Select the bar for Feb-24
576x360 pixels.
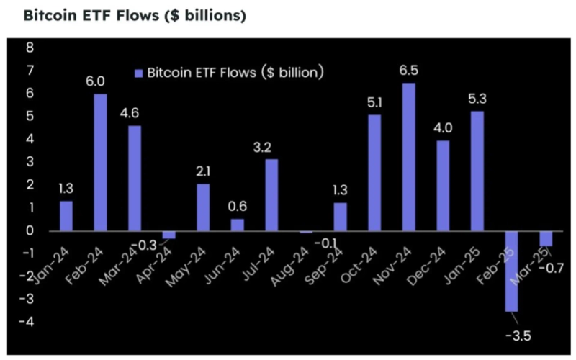pyautogui.click(x=100, y=163)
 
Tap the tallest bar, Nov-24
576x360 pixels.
pyautogui.click(x=408, y=157)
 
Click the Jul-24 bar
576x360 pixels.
pyautogui.click(x=271, y=195)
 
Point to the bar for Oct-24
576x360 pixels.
pyautogui.click(x=374, y=173)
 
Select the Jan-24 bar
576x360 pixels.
pyautogui.click(x=66, y=216)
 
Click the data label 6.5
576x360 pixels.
pyautogui.click(x=408, y=71)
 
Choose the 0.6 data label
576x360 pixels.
pyautogui.click(x=238, y=205)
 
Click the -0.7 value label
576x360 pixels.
pyautogui.click(x=554, y=268)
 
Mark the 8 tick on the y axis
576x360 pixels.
pyautogui.click(x=30, y=48)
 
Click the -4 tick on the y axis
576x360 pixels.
pyautogui.click(x=29, y=322)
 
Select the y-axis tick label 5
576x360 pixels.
pyautogui.click(x=30, y=117)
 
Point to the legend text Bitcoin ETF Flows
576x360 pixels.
pyautogui.click(x=235, y=72)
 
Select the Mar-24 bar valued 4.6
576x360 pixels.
pyautogui.click(x=135, y=179)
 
